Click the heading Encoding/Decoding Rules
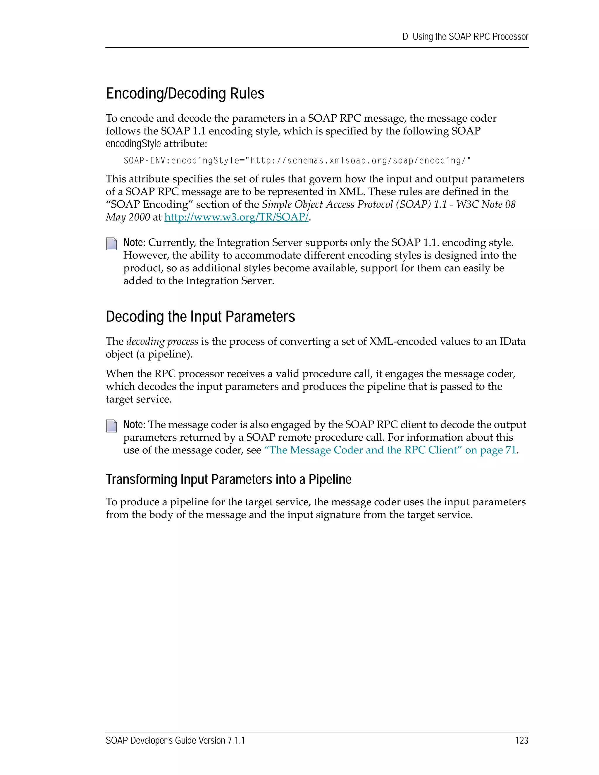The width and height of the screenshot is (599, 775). point(185,94)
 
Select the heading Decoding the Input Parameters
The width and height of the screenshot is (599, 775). point(200,316)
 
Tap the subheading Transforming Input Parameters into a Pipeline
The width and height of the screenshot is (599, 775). point(228,479)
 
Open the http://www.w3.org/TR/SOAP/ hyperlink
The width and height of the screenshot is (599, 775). point(236,217)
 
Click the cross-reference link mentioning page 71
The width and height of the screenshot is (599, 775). point(390,450)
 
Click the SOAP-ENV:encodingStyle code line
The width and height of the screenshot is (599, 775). point(297,161)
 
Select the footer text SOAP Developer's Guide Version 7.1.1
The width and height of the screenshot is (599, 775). point(175,740)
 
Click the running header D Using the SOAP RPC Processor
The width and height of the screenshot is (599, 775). point(465,37)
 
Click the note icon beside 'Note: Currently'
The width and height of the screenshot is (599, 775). point(111,244)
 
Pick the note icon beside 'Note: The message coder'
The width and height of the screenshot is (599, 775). point(111,426)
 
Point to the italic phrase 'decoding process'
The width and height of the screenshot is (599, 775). point(162,341)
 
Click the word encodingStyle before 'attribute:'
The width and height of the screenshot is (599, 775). point(133,144)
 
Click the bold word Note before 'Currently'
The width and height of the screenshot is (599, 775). point(133,243)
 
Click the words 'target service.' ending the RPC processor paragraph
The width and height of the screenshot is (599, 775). point(138,399)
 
